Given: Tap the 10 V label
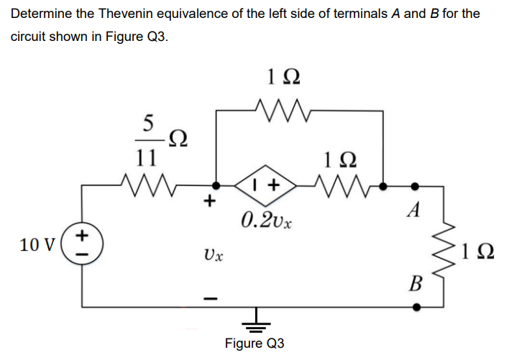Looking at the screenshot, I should [x=36, y=244].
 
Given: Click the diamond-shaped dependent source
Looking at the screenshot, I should [x=265, y=185].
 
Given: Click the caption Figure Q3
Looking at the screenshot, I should [x=254, y=343].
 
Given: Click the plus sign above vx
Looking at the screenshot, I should [x=212, y=203].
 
